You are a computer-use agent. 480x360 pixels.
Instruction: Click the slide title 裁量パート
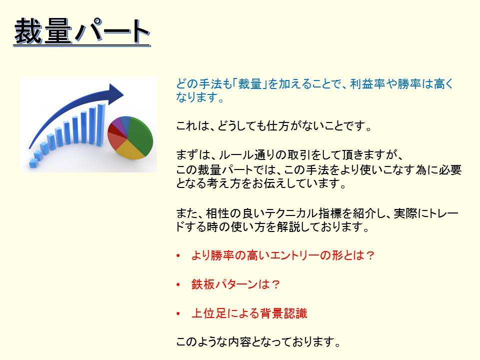82,31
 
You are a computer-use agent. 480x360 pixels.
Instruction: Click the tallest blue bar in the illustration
100,124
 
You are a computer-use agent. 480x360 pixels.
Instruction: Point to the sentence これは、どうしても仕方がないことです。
274,126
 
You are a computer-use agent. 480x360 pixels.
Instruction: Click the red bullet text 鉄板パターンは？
235,284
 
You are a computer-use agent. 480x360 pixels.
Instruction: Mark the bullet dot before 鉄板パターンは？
178,284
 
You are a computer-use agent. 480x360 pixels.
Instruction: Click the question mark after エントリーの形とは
370,255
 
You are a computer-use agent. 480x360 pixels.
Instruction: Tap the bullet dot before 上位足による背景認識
178,314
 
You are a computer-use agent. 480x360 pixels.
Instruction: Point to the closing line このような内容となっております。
258,342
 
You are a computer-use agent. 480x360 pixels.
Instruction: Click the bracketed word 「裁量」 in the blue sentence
250,83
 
